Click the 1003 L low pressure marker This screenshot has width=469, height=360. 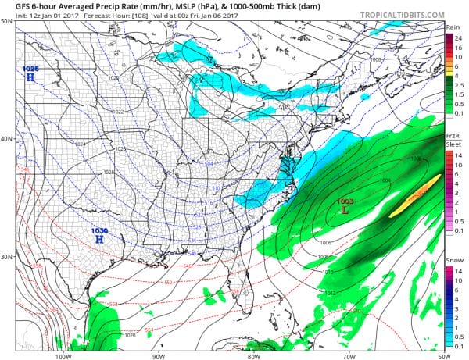tap(344, 206)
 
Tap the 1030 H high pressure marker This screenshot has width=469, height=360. tap(98, 236)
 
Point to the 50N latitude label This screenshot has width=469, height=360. tap(7, 21)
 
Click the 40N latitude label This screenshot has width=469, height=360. tap(7, 140)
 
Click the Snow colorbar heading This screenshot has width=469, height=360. tap(453, 260)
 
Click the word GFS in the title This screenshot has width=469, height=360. tap(14, 7)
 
